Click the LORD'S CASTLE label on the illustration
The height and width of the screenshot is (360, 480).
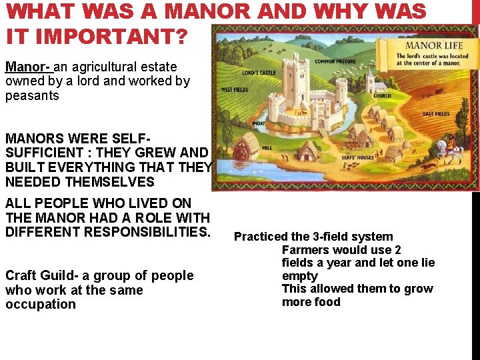[x=259, y=72]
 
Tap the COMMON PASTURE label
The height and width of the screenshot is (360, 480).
[x=334, y=61]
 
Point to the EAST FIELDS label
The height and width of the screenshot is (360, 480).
[x=437, y=114]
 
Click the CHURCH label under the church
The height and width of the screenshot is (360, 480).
[x=382, y=96]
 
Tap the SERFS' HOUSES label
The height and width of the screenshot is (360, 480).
[x=358, y=157]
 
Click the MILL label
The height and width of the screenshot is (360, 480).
[x=268, y=148]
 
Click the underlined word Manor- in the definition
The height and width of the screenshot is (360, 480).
[x=27, y=67]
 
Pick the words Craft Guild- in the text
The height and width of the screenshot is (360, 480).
[x=42, y=275]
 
